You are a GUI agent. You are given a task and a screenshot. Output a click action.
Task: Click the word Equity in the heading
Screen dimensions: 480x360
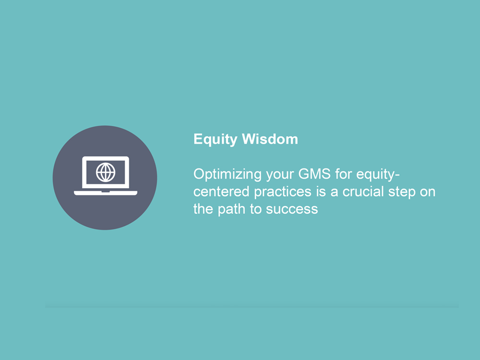point(215,139)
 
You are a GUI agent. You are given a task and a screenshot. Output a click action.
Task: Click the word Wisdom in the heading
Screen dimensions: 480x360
point(270,139)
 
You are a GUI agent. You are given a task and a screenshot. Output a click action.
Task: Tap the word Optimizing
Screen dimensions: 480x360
point(228,175)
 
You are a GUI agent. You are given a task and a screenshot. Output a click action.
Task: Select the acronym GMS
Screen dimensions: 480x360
point(314,174)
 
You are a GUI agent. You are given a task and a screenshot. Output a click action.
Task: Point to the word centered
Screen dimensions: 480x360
point(221,192)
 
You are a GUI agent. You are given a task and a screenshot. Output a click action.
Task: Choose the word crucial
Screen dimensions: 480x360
point(363,192)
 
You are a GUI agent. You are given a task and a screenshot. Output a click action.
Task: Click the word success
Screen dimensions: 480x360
point(292,209)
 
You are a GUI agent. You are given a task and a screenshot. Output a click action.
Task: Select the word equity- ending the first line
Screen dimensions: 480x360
point(378,175)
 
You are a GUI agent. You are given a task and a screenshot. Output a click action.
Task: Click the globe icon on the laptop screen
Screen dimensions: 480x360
point(106,172)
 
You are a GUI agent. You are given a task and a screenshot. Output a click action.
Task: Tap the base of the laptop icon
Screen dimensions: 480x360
point(106,193)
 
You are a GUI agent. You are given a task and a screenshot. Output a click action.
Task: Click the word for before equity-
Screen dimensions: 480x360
point(344,174)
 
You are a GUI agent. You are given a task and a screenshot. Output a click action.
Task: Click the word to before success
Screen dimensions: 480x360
point(255,209)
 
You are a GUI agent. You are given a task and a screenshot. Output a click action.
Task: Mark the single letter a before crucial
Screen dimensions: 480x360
point(334,192)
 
